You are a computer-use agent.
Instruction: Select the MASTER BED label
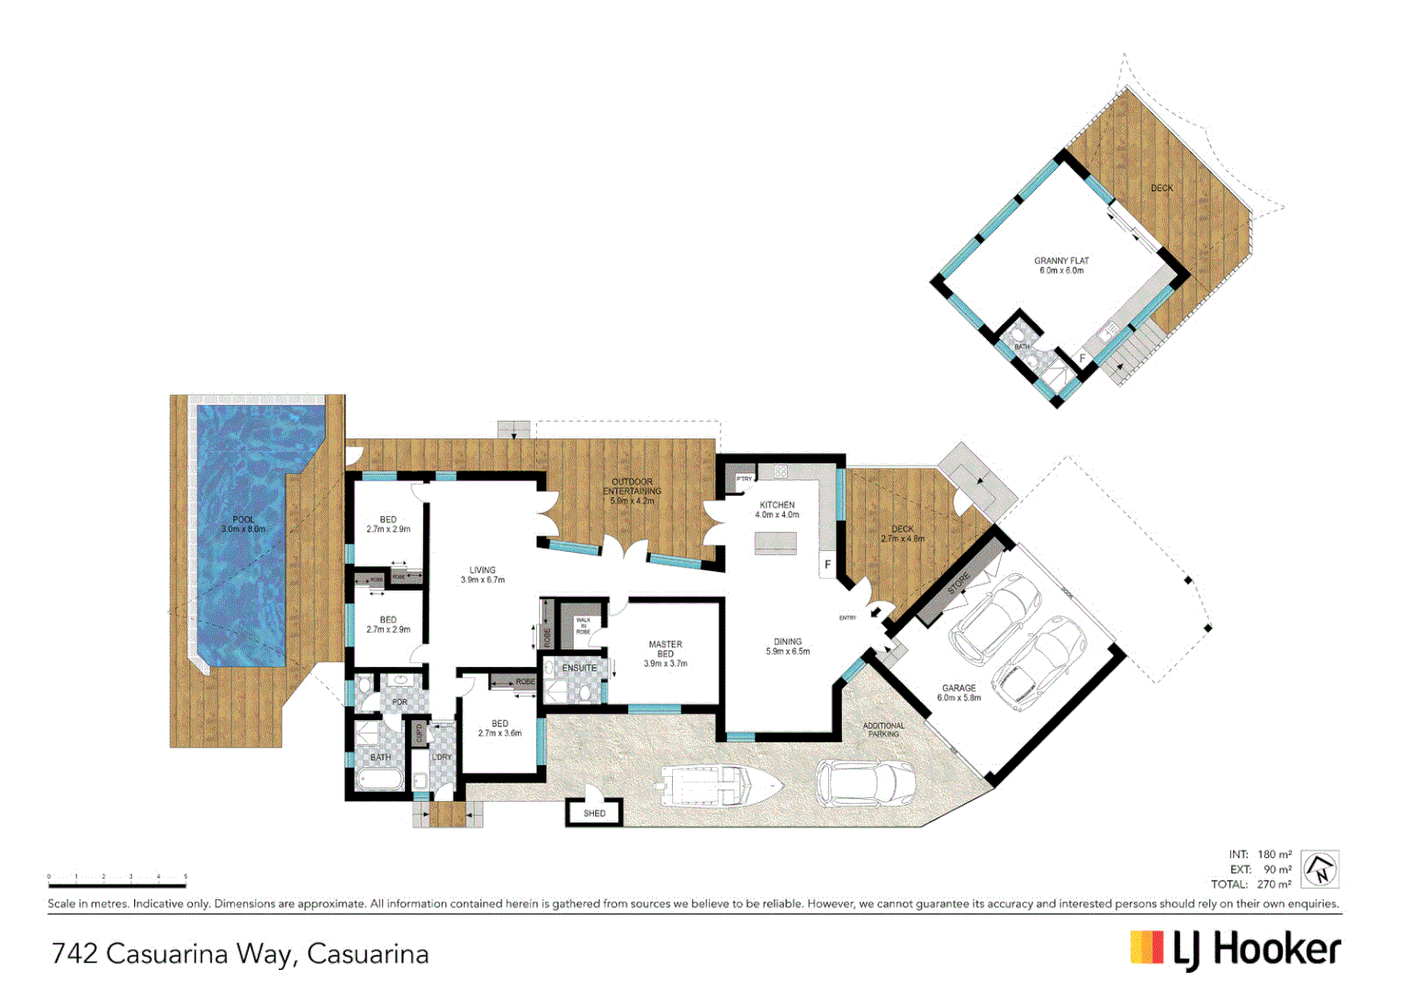pyautogui.click(x=666, y=649)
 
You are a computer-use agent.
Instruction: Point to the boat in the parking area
pyautogui.click(x=720, y=786)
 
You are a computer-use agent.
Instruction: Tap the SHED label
pyautogui.click(x=594, y=813)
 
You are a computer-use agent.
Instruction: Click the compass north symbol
pyautogui.click(x=1320, y=869)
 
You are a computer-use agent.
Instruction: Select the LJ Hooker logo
pyautogui.click(x=1235, y=950)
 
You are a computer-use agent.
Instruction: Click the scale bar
pyautogui.click(x=117, y=885)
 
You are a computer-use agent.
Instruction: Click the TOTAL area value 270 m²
pyautogui.click(x=1274, y=885)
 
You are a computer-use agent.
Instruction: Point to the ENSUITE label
pyautogui.click(x=579, y=668)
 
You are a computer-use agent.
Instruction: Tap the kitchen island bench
pyautogui.click(x=776, y=544)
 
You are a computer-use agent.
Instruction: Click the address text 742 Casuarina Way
pyautogui.click(x=174, y=953)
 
